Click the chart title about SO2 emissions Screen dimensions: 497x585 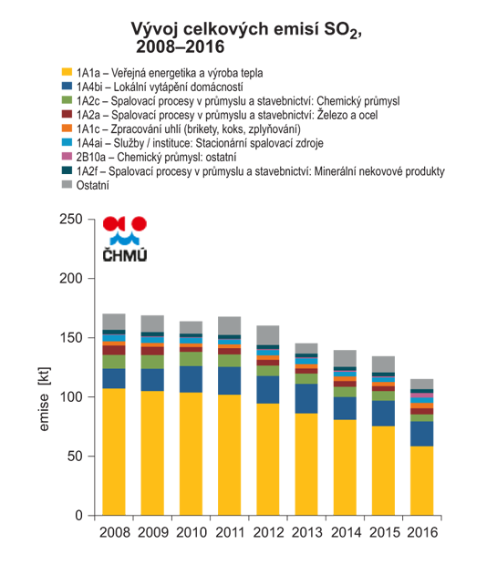[x=246, y=38]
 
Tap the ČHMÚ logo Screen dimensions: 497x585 [x=125, y=239]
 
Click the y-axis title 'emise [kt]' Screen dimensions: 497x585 [x=44, y=399]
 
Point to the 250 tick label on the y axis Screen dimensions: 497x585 [x=71, y=219]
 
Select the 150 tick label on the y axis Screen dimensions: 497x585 [x=71, y=338]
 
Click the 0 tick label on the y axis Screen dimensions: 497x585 [x=78, y=516]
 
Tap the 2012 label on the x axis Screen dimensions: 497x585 [x=268, y=532]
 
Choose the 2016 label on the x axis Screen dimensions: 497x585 [x=422, y=532]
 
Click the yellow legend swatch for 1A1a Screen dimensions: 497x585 [x=67, y=72]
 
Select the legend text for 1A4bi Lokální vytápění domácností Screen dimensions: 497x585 [x=160, y=87]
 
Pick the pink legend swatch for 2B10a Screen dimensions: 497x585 [x=67, y=156]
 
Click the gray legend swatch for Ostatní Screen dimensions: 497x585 [x=67, y=184]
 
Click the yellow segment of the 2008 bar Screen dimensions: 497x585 [x=114, y=452]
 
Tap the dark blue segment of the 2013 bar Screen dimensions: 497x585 [x=306, y=398]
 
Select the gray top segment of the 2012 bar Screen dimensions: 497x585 [x=268, y=335]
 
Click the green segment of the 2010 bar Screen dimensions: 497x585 [x=191, y=359]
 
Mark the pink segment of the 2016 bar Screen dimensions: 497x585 [x=421, y=395]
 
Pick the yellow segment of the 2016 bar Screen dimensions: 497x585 [x=421, y=481]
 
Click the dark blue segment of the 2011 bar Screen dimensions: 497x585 [x=229, y=381]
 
